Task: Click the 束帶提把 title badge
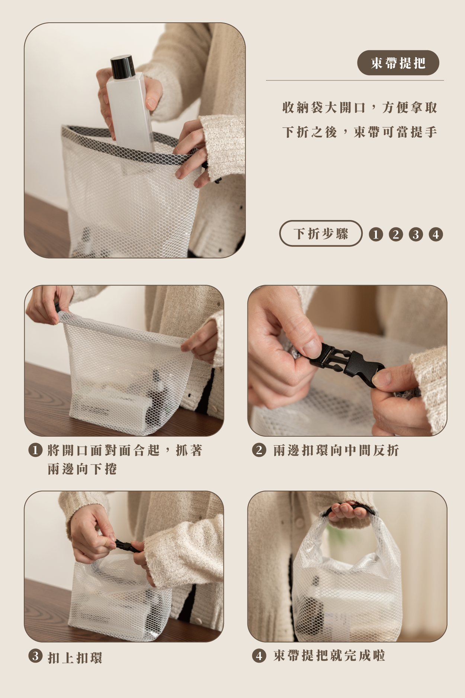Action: tap(398, 63)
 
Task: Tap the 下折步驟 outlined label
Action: tap(321, 233)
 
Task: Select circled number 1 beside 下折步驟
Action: tap(376, 234)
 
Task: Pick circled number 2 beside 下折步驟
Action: tap(396, 234)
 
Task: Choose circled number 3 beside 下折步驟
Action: tap(416, 234)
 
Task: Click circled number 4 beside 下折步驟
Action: tap(436, 234)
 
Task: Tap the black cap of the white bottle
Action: tap(122, 67)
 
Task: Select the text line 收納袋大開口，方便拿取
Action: tap(359, 108)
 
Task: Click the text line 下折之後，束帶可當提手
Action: tap(359, 132)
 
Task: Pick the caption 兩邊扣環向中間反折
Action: tap(336, 450)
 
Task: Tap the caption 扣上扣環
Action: tap(75, 658)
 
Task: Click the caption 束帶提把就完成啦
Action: tap(329, 655)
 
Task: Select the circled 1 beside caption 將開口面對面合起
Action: tap(35, 450)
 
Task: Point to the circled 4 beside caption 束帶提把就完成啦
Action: tap(259, 656)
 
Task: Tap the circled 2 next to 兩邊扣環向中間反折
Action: tap(259, 450)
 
